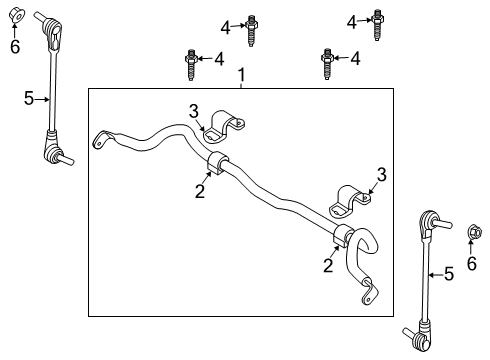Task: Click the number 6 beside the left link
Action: click(14, 46)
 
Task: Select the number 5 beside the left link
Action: click(29, 97)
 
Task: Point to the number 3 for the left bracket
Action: click(195, 111)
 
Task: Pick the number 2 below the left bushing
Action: click(200, 191)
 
